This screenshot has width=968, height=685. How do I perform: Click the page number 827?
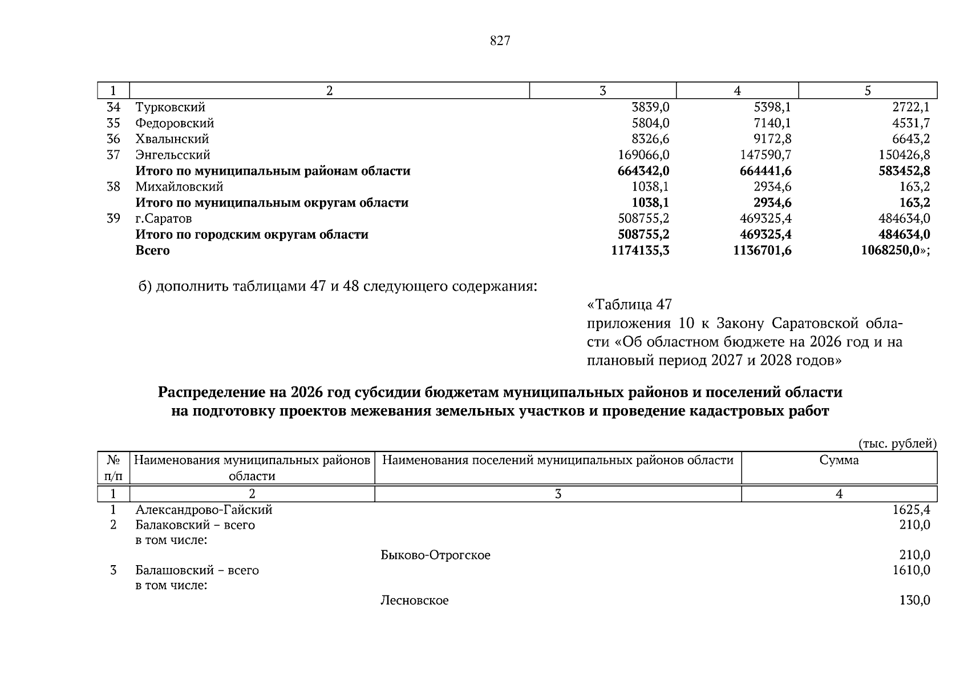click(500, 41)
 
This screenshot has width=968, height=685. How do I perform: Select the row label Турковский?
click(170, 107)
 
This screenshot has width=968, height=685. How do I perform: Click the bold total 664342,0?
click(643, 171)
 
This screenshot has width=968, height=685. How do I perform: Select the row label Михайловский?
click(179, 187)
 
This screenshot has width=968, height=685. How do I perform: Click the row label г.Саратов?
click(163, 219)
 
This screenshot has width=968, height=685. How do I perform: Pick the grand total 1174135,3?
click(639, 251)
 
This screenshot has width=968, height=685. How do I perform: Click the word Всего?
click(152, 251)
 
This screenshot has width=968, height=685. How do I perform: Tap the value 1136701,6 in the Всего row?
click(762, 251)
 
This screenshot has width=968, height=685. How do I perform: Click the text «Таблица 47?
click(629, 304)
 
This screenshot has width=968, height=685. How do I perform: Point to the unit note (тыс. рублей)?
click(897, 444)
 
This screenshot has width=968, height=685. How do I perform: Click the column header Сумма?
click(839, 460)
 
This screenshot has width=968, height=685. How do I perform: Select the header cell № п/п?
click(113, 468)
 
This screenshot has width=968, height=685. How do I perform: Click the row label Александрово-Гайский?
click(204, 510)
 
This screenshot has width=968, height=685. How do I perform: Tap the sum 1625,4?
click(911, 510)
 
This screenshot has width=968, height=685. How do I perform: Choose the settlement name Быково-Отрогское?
click(435, 555)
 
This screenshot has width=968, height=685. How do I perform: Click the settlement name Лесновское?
click(414, 601)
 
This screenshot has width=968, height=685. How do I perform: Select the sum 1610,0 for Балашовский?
click(911, 570)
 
